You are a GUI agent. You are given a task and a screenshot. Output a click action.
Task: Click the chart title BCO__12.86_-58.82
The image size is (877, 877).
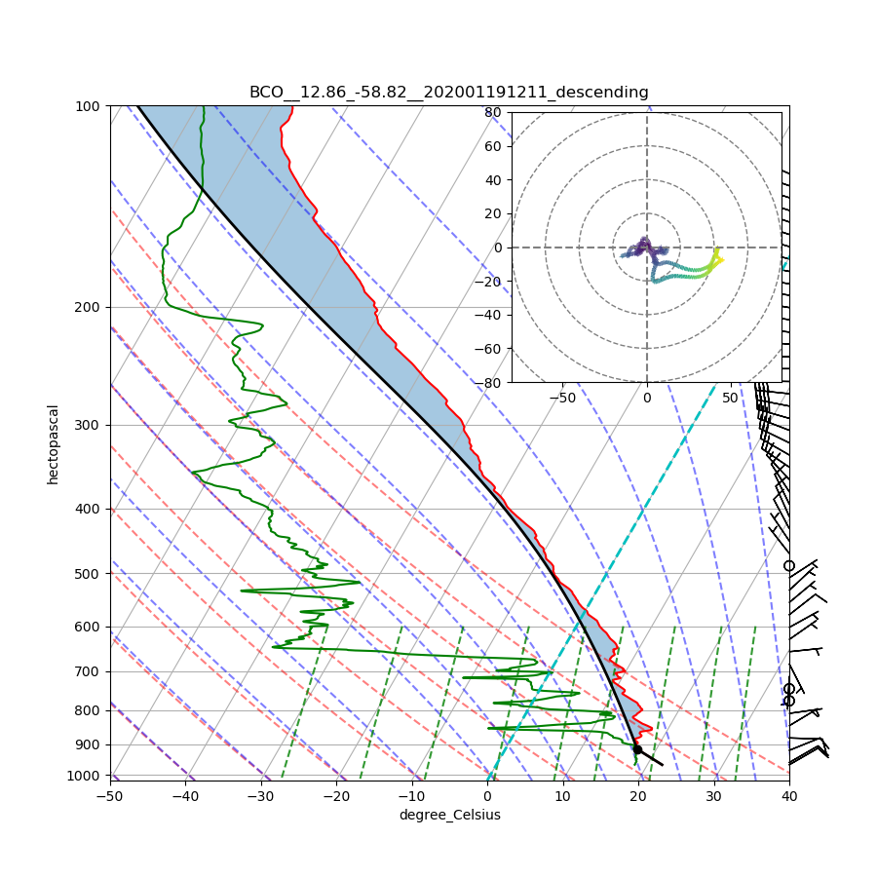coord(448,93)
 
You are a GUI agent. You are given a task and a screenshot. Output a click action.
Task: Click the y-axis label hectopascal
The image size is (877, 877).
coord(54,444)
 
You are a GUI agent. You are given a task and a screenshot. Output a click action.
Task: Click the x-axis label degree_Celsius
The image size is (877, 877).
coord(449,815)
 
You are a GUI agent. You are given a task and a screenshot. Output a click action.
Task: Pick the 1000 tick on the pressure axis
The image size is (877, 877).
coord(85,775)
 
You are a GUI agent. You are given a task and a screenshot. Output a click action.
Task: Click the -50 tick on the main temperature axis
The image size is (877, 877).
coord(110,796)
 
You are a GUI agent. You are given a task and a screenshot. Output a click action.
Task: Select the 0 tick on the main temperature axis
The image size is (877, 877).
coord(487,796)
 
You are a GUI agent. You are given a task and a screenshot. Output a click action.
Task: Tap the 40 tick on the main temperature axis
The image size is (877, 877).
coord(789,796)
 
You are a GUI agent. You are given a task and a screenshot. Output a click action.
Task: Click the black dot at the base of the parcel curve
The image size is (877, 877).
coord(637,748)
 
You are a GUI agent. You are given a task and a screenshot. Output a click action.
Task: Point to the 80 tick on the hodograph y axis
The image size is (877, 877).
coord(493,112)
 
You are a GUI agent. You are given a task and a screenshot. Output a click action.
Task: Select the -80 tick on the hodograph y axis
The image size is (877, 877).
coord(490,383)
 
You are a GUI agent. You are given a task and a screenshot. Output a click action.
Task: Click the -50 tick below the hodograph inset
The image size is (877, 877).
coord(562,398)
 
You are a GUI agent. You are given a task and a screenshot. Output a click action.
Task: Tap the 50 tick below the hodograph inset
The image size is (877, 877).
coord(731,398)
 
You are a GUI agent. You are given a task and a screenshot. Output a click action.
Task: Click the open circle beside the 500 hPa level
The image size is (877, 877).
coord(789,565)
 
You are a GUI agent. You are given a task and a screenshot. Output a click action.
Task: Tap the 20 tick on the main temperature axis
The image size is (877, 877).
coord(638,796)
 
